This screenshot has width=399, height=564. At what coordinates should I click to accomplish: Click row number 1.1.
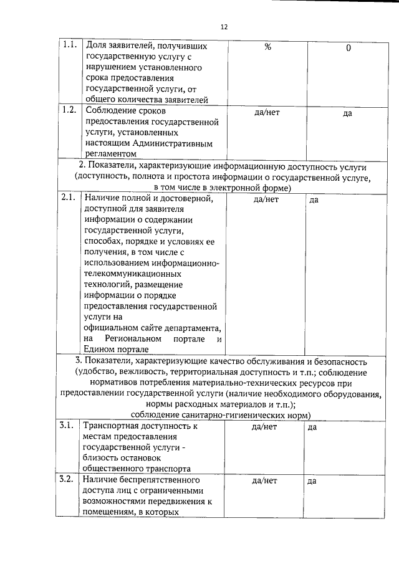[x=69, y=46]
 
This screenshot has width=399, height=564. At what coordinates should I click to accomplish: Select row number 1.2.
[x=69, y=110]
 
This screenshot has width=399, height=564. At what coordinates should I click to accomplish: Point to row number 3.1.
[x=67, y=426]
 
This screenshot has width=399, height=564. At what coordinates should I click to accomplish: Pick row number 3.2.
[x=67, y=480]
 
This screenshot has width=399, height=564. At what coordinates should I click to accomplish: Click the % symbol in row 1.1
[x=267, y=47]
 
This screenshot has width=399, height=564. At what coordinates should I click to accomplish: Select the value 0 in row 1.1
[x=349, y=49]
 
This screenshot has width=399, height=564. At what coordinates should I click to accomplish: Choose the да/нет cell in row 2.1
[x=266, y=199]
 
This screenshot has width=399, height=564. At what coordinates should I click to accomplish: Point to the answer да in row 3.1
[x=314, y=428]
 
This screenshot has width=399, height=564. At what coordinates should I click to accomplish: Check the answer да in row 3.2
[x=314, y=482]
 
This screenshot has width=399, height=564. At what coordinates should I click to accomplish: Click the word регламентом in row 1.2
[x=110, y=153]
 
